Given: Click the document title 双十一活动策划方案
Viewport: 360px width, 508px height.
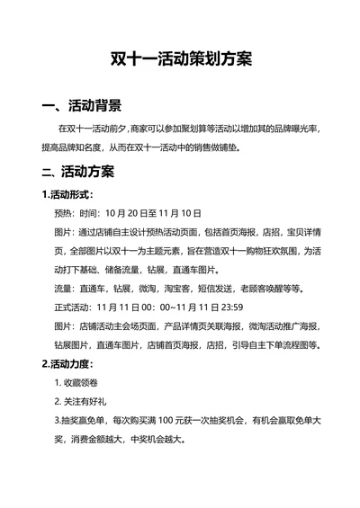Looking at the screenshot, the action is point(180,59).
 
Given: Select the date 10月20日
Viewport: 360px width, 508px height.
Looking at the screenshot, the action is point(127,213).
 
